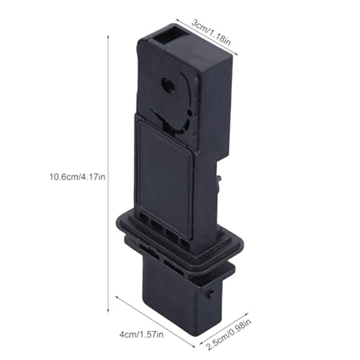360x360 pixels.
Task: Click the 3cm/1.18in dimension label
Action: click(211, 32)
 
